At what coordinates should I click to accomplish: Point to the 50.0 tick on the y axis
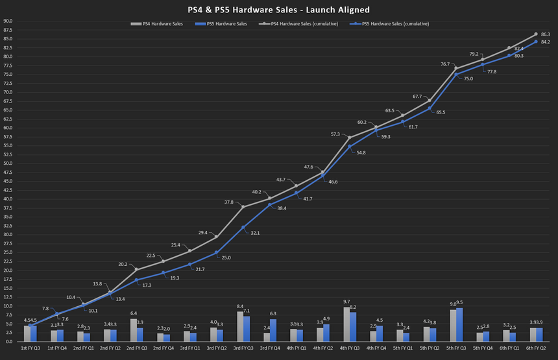pos(8,163)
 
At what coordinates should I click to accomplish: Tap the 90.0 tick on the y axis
pos(8,21)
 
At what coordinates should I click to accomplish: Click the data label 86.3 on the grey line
pos(546,34)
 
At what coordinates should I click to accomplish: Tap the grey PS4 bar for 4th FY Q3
pos(346,324)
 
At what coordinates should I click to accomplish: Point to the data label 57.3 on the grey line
pos(335,134)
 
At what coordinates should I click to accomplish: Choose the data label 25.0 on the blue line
pos(226,258)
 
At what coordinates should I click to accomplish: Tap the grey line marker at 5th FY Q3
pos(455,68)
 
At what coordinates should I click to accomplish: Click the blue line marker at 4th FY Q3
pos(350,146)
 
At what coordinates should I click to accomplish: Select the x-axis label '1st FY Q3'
pos(30,348)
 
